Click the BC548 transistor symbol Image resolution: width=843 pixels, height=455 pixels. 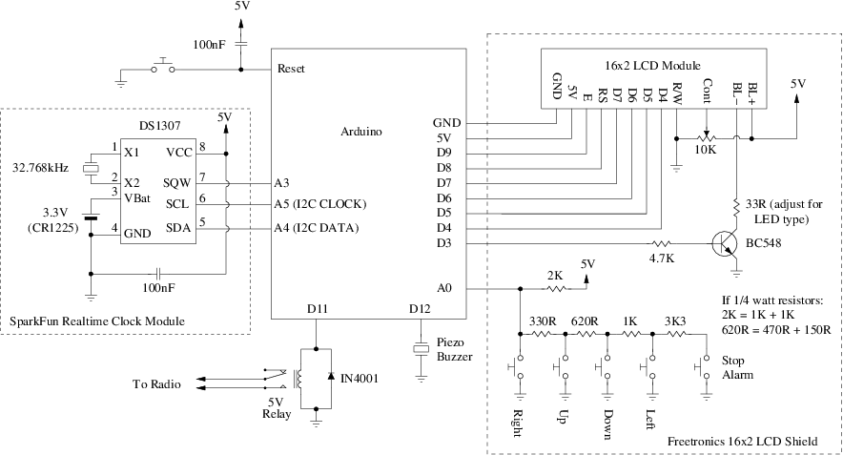724,243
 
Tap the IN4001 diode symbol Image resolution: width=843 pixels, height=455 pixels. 331,378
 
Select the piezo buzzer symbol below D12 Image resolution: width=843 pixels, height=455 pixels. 421,348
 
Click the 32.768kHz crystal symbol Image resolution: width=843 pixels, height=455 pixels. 91,168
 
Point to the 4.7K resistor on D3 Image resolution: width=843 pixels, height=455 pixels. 661,243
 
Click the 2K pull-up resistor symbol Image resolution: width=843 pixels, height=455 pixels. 557,289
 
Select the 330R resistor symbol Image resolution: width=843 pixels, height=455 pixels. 542,334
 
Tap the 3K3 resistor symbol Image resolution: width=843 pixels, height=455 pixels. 676,334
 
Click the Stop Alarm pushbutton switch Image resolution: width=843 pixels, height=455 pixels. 701,367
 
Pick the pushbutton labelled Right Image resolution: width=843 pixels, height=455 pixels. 516,367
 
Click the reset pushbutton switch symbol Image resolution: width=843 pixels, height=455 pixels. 163,66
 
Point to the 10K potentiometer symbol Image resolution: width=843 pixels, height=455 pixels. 707,137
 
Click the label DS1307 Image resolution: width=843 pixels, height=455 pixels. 159,125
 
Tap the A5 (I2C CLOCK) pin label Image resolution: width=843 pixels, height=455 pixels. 319,204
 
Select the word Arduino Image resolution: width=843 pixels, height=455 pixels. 361,132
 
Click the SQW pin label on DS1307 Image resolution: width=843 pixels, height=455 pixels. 176,183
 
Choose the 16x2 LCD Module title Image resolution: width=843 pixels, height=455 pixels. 652,66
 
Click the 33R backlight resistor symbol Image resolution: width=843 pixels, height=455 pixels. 735,208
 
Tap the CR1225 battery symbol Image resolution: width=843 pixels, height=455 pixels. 91,217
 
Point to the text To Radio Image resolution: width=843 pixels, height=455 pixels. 156,384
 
